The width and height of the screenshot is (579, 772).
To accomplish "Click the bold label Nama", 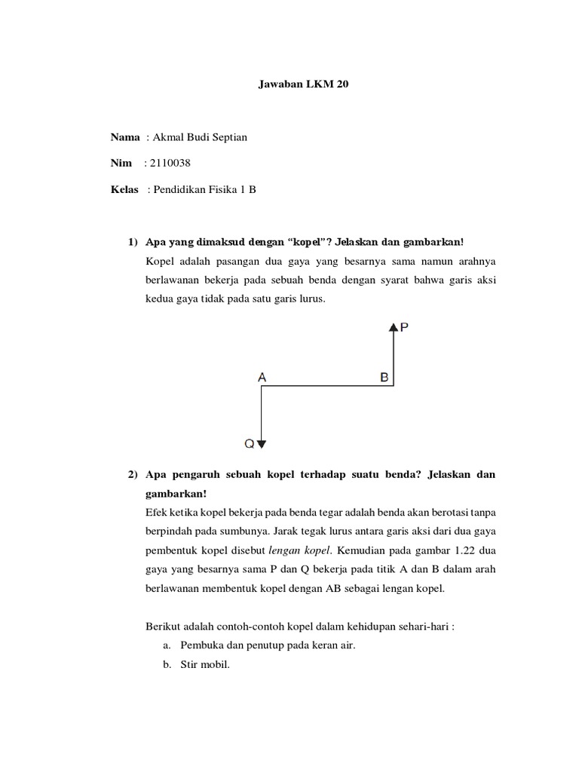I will point(125,137).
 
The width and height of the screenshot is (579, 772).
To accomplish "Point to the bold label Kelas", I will point(124,189).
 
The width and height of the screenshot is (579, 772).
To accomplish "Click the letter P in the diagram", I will point(405,327).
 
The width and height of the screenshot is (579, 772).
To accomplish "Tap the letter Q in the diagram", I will point(248,444).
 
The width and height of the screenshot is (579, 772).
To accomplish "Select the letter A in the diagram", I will point(262,377).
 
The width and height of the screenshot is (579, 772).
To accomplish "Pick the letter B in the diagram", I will point(384,377).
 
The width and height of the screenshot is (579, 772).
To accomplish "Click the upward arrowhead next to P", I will point(393,326).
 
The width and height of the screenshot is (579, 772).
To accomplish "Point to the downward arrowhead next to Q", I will point(261,444).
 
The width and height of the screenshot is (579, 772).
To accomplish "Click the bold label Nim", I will point(121,163).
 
